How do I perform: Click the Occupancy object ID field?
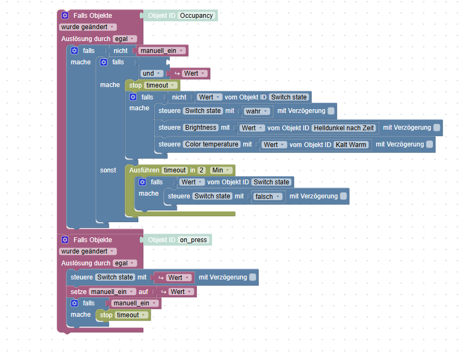click(196, 16)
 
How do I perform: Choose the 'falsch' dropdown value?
click(268, 197)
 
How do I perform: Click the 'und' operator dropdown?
click(151, 74)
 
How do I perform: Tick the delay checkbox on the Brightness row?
click(437, 128)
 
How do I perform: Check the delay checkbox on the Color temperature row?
click(429, 144)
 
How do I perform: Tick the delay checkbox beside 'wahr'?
click(331, 111)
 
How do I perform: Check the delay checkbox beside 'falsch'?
click(343, 196)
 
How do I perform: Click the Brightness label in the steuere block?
click(200, 128)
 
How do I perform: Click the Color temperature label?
click(211, 145)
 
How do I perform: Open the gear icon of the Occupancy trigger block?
click(65, 16)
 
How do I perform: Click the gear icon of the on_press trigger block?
click(65, 240)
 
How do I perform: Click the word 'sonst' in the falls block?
click(108, 170)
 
